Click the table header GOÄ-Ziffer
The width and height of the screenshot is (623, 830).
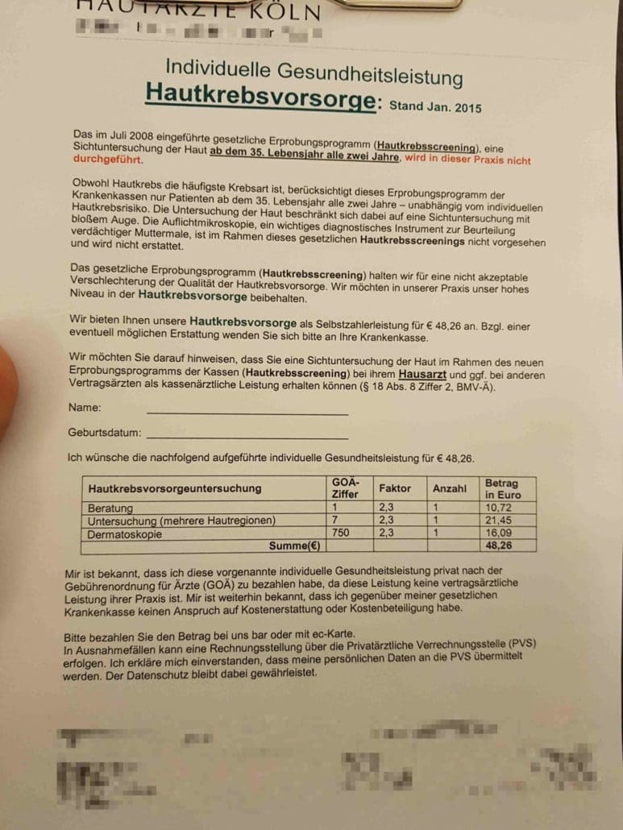tap(345, 488)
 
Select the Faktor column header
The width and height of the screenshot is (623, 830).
tap(395, 488)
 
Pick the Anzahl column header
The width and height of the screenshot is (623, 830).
tap(450, 489)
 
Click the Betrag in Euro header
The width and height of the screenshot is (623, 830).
tap(503, 489)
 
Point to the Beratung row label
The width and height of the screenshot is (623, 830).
tap(111, 508)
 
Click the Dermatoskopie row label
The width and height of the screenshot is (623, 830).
tap(126, 533)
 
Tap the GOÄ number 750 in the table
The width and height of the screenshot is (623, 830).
tap(341, 533)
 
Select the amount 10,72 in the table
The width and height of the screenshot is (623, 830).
tap(499, 509)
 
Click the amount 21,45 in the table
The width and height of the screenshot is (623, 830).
tap(500, 521)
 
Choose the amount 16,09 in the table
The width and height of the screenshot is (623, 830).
tap(500, 533)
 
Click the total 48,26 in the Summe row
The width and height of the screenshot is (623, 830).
tap(500, 546)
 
